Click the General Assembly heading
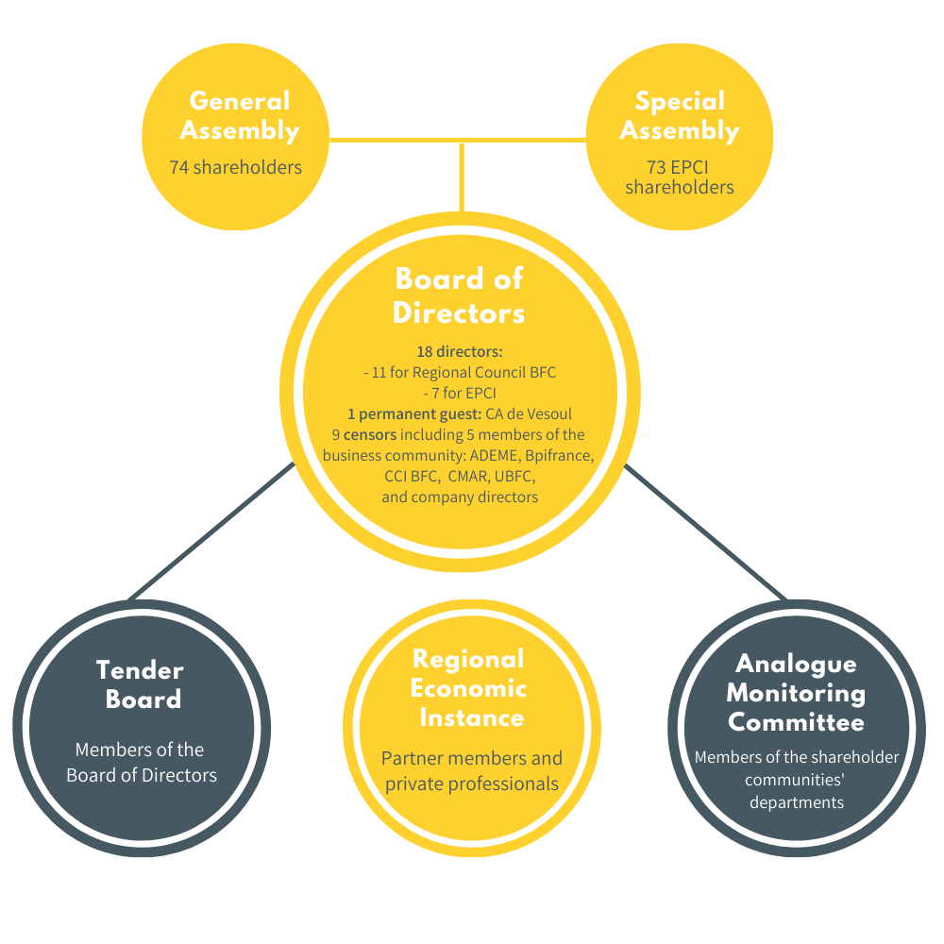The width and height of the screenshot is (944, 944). coord(240,115)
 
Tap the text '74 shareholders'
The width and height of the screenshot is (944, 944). coord(235,167)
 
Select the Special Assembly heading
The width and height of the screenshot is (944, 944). coord(680,115)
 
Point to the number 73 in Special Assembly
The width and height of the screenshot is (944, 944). coord(657,167)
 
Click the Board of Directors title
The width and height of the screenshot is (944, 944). coord(459,295)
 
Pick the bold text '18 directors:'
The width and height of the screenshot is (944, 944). coord(460,351)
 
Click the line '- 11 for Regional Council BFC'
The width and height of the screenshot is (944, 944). coord(460,372)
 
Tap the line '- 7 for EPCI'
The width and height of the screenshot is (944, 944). coord(460,393)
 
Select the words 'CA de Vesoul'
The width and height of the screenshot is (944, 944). coord(529,414)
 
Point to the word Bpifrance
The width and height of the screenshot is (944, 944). coord(559,456)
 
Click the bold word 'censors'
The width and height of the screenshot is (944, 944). coord(370,434)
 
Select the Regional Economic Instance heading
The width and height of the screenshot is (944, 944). coord(468,688)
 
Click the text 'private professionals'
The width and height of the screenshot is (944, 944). coord(472,784)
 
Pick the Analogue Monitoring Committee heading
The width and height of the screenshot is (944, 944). coord(796,692)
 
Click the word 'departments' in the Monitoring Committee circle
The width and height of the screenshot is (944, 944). coord(797,802)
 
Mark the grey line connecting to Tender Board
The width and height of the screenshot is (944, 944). coord(211,531)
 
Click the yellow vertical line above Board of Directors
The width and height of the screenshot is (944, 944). coord(462,177)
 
